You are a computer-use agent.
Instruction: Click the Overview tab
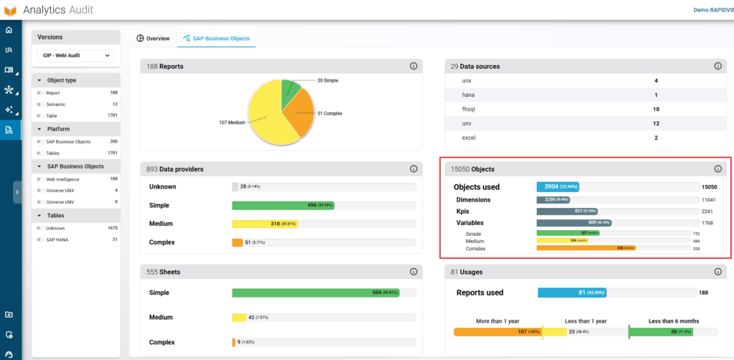coord(153,38)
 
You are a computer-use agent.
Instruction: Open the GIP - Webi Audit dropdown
coord(75,55)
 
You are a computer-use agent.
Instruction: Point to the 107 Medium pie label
coord(233,123)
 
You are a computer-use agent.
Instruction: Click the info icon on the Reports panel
coord(413,66)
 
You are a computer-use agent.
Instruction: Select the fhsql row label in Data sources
coord(471,109)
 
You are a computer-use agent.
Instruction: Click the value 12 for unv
coord(655,123)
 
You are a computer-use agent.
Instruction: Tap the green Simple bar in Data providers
coord(282,205)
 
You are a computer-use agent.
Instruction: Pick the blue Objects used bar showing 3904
coord(557,187)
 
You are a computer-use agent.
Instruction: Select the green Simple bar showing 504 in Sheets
coord(315,293)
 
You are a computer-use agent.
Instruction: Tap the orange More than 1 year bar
coord(497,331)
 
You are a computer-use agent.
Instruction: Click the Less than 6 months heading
coord(673,321)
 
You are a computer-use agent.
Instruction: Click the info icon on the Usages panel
coord(718,272)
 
